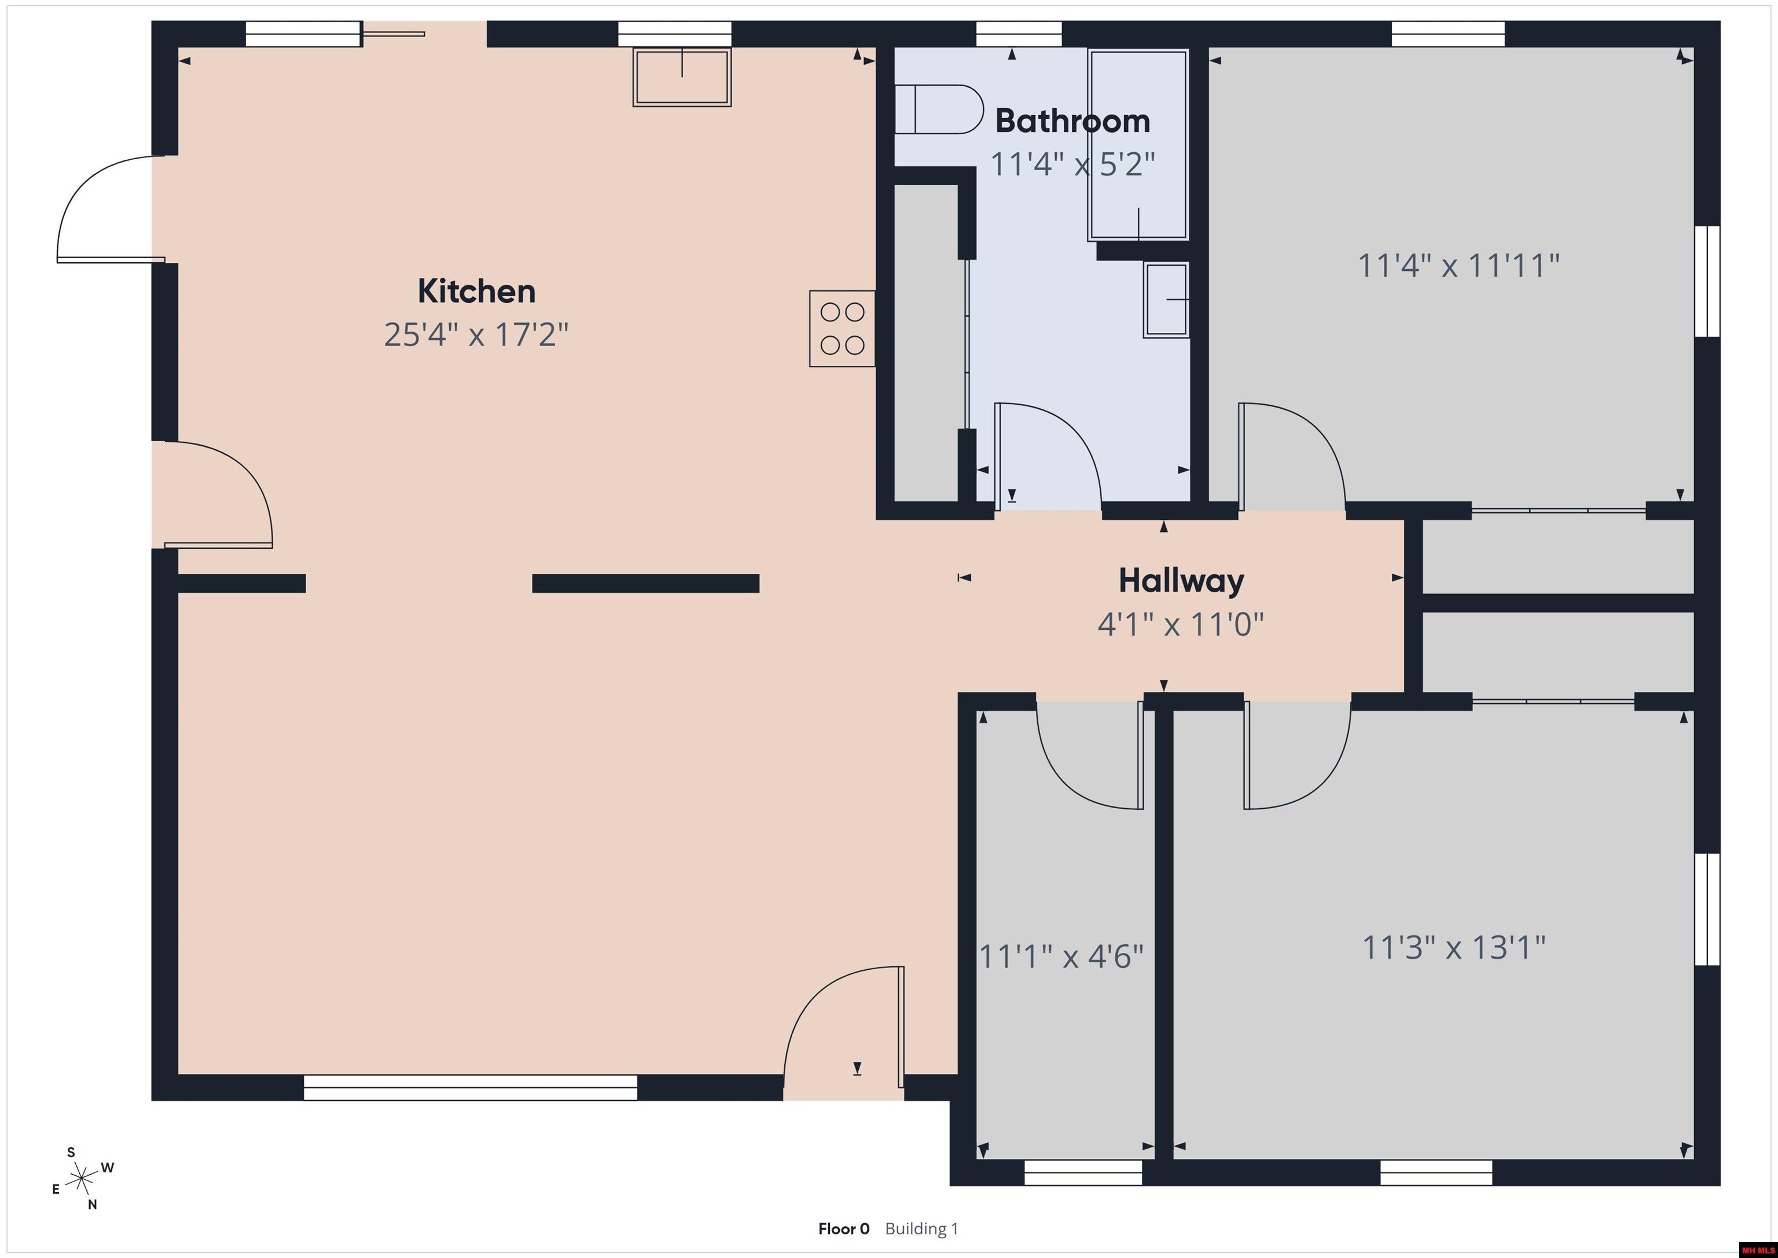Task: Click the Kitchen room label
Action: (476, 291)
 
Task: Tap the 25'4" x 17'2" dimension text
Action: (476, 335)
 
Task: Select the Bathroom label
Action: (1072, 121)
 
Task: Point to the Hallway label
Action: (1181, 581)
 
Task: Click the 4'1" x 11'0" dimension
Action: (1181, 624)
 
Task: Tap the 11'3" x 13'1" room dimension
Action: (1453, 947)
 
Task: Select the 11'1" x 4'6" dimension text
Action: (1061, 956)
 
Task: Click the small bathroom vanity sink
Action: (1166, 300)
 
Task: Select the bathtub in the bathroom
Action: (1137, 145)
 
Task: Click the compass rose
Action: (81, 1180)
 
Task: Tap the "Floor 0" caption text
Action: (843, 1228)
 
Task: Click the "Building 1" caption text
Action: (921, 1228)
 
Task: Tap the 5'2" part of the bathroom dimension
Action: (1127, 164)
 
